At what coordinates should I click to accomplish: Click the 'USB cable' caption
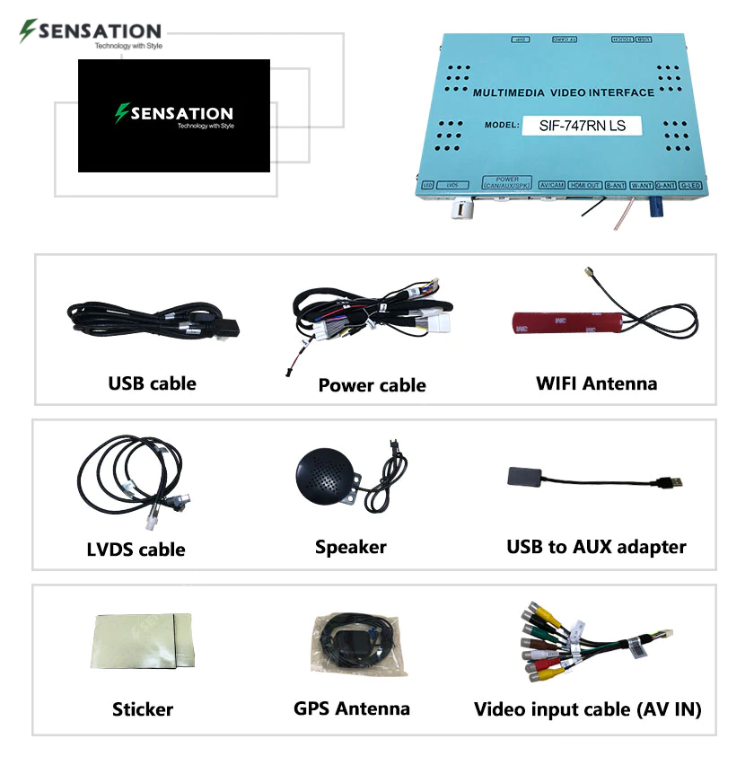[x=152, y=383]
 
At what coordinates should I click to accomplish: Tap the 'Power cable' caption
[x=372, y=385]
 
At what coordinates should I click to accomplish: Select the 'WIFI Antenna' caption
[x=596, y=383]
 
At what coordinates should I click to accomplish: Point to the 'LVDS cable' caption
[x=136, y=549]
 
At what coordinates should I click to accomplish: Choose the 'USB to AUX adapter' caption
[x=596, y=546]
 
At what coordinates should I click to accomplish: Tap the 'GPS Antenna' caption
[x=352, y=708]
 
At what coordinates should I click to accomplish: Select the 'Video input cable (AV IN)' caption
[x=587, y=709]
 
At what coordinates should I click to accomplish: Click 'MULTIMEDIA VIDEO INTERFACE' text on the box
[x=564, y=92]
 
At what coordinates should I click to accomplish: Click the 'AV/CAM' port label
[x=550, y=186]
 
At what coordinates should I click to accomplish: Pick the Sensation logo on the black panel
[x=174, y=115]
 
